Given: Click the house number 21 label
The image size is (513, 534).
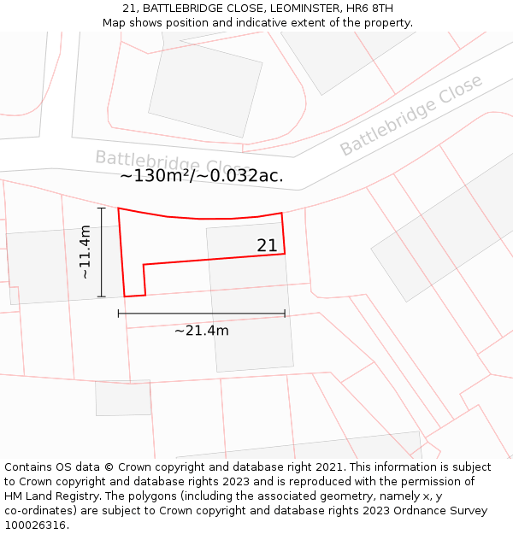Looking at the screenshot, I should coord(267,246).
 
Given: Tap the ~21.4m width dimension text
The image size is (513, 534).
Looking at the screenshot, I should coord(202,331).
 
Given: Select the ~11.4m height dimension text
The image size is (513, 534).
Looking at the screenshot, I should coord(85,252).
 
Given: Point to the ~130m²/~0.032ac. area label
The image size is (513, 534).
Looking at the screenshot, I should coord(202,177).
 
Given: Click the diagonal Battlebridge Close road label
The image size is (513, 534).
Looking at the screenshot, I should coord(411,115).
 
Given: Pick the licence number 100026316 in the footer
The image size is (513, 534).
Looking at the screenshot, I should coord(35,525).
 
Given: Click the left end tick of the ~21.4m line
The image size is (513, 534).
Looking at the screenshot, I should coord(119,314).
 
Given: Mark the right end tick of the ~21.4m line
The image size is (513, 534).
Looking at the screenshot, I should coord(285,314).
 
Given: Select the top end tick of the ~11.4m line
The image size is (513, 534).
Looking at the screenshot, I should coord(102,208).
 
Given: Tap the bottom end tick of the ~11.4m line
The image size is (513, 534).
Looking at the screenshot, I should coord(102,296).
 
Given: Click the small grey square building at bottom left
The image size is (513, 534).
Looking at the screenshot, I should coord(123,398).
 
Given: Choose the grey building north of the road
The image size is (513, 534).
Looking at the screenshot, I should coord(205,85).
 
